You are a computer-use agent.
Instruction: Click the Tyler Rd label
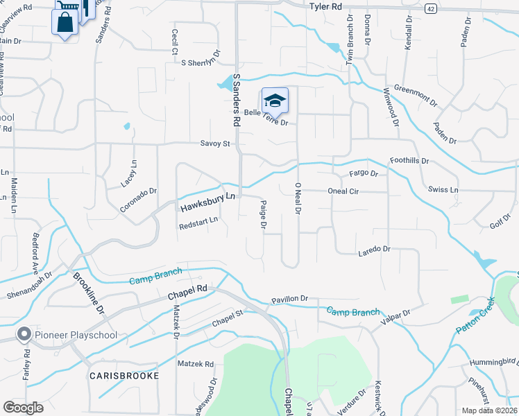pos(325,6)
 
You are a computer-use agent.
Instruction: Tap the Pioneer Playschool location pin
pos(24,335)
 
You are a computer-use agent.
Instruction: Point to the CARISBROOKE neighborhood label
pos(124,375)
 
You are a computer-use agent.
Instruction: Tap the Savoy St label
pos(215,144)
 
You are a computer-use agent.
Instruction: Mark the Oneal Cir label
pos(338,191)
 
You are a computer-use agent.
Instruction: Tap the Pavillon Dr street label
pos(289,298)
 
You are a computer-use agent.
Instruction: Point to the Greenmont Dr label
pos(416,95)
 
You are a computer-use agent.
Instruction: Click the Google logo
pos(23,407)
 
